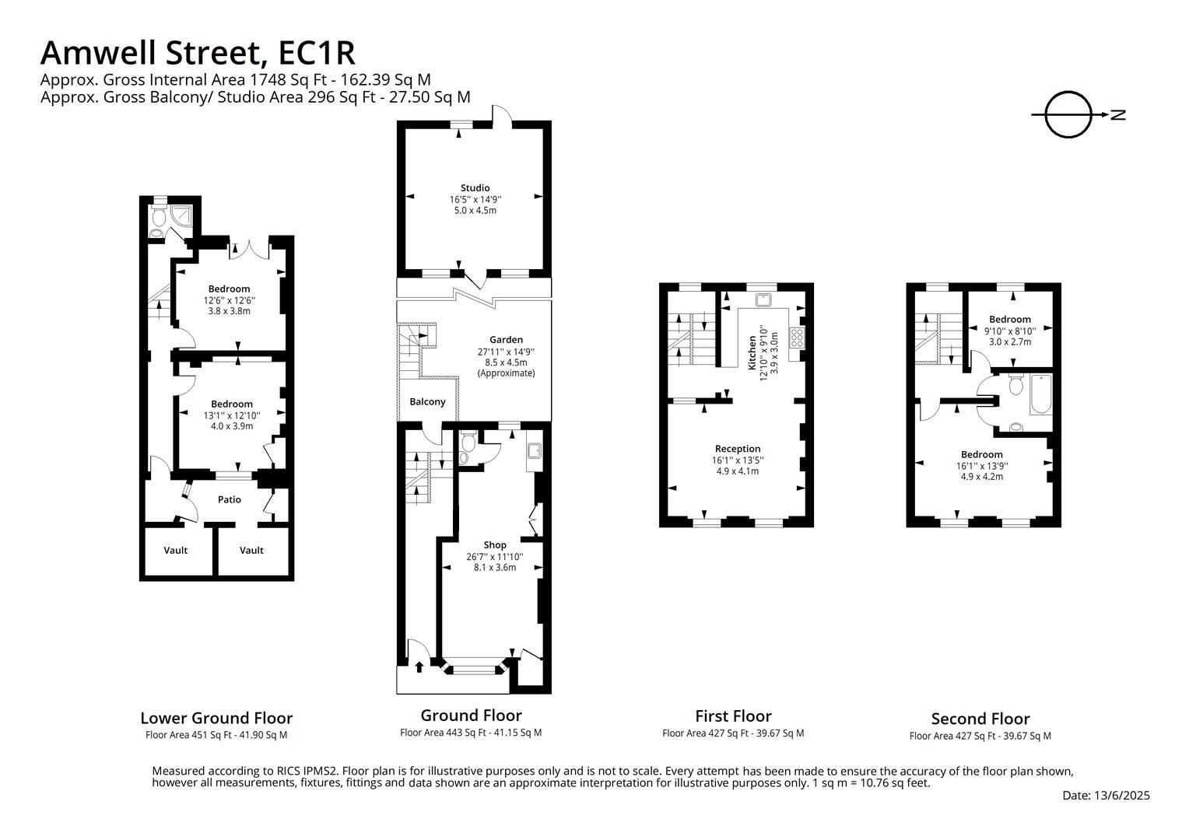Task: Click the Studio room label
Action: (x=475, y=187)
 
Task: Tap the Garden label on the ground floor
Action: (x=506, y=340)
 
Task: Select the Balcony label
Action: (x=427, y=402)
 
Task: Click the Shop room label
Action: (x=494, y=545)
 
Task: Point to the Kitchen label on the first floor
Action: (x=752, y=352)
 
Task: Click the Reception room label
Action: (x=737, y=449)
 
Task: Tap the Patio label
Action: (x=229, y=499)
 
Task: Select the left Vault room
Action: (x=176, y=551)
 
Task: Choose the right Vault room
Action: (x=251, y=551)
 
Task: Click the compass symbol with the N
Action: (x=1069, y=115)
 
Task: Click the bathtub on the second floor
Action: (x=1040, y=394)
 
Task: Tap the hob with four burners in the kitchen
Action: (x=797, y=338)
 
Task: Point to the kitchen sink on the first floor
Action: (x=763, y=299)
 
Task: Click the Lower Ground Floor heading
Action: (x=216, y=718)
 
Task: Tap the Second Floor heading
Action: (x=980, y=719)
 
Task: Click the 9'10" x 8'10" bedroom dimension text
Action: (x=1009, y=331)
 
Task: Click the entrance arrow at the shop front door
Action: (x=419, y=666)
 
